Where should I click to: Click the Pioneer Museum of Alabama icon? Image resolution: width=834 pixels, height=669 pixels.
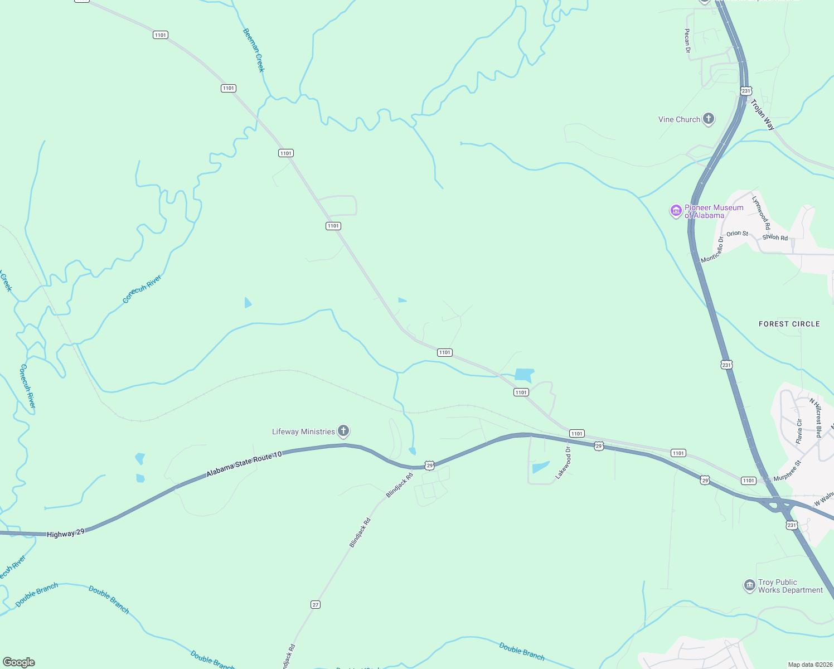[676, 211]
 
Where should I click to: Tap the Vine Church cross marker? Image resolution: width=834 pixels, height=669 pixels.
[709, 119]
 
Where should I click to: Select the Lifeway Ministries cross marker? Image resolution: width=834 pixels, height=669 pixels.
[343, 431]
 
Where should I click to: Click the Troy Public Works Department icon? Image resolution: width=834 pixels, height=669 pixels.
[750, 585]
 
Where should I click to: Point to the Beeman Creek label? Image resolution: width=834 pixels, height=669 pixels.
[254, 50]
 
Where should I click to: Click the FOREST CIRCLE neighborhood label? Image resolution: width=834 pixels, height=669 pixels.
[789, 324]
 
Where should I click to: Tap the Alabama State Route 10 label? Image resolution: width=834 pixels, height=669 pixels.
[244, 464]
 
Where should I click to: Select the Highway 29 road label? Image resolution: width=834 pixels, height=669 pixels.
[66, 534]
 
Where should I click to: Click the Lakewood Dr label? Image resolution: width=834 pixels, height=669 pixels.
[564, 463]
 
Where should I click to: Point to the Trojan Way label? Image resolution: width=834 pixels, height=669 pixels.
[763, 114]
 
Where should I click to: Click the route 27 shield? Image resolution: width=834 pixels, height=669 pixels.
[316, 604]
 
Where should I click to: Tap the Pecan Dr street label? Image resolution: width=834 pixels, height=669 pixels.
[687, 41]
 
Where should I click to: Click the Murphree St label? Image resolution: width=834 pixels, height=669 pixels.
[787, 471]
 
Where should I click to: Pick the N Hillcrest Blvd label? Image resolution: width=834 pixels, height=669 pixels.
[816, 418]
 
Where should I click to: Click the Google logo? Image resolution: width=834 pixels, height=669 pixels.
[19, 662]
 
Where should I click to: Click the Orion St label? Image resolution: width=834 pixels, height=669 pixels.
[737, 234]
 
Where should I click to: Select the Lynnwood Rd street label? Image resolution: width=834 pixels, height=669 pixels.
[760, 212]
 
